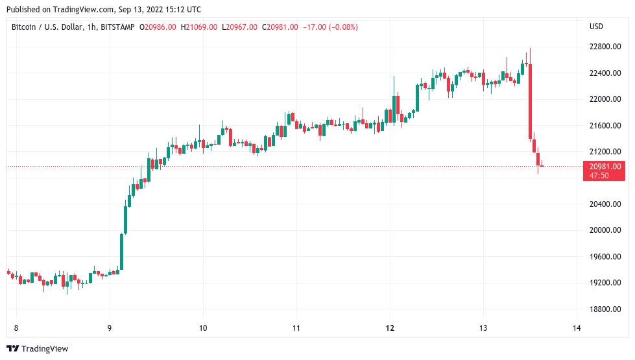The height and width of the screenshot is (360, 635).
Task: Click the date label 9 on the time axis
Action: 110,328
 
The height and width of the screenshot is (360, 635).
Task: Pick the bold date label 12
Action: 390,328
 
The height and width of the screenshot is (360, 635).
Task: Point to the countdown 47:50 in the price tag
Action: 599,176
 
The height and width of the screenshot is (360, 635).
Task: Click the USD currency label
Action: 596,27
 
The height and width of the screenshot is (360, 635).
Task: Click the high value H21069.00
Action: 199,27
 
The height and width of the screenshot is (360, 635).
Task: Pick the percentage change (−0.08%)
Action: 338,27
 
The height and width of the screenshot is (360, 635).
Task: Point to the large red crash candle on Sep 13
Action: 530,101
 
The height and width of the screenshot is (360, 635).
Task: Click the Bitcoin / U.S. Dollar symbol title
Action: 47,27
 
